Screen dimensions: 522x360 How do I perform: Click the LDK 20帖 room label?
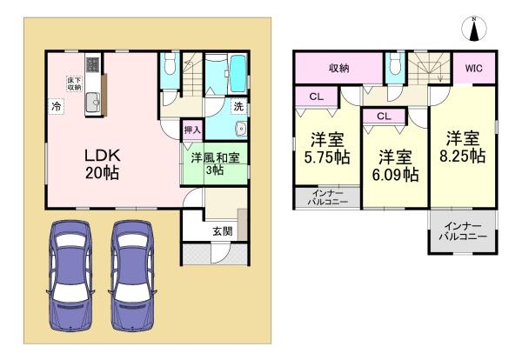[x=102, y=164]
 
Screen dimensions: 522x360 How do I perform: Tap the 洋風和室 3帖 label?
[x=215, y=163]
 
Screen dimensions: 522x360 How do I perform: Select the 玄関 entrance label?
[x=223, y=231]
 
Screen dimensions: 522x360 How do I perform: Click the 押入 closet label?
[x=192, y=130]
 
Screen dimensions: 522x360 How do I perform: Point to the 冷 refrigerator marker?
[x=56, y=107]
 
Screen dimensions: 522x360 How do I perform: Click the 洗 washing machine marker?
[x=238, y=107]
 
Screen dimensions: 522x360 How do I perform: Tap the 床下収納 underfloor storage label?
[x=74, y=83]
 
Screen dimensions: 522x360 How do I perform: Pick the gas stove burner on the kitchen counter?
[x=93, y=64]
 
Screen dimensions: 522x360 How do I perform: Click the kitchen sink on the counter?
[x=93, y=102]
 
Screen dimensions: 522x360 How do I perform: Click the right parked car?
[x=132, y=276]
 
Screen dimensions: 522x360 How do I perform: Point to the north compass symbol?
[x=474, y=29]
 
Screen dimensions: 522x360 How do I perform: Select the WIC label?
[x=473, y=69]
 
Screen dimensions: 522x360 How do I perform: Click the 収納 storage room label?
[x=339, y=68]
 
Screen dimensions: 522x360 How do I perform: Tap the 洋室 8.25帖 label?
[x=463, y=147]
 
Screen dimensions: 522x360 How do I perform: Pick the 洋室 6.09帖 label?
[x=395, y=166]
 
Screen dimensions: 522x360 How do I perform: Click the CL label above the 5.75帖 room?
[x=317, y=97]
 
